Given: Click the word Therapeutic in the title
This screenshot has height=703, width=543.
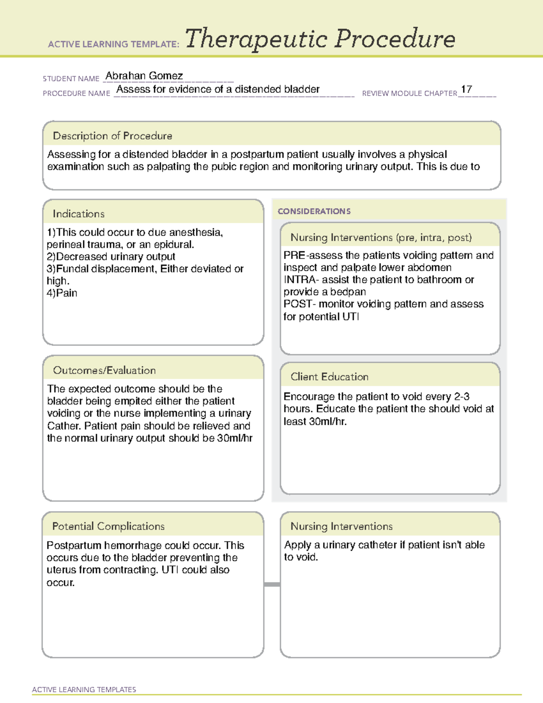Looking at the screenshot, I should pyautogui.click(x=256, y=39).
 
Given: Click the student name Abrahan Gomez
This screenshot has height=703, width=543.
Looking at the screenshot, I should pyautogui.click(x=144, y=76).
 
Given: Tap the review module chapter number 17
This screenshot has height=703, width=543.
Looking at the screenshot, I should pyautogui.click(x=467, y=89).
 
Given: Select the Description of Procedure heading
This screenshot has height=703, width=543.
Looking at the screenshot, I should pyautogui.click(x=112, y=136).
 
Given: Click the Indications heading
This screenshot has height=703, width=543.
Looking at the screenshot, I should pyautogui.click(x=78, y=214).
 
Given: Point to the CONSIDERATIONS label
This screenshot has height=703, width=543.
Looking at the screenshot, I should pyautogui.click(x=314, y=211).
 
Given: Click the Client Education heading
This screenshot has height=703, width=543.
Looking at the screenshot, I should pyautogui.click(x=329, y=377).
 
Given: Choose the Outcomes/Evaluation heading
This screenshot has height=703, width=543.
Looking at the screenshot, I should pyautogui.click(x=104, y=370).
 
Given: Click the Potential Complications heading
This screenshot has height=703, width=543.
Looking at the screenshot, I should pyautogui.click(x=108, y=526).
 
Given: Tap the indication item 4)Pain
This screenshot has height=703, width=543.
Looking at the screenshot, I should pyautogui.click(x=62, y=293).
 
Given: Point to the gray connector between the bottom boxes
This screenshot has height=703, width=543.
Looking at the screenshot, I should pyautogui.click(x=272, y=584).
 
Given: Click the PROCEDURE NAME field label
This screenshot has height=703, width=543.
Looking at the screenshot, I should pyautogui.click(x=76, y=93).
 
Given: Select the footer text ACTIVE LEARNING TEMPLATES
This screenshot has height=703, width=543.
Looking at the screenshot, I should pyautogui.click(x=84, y=689).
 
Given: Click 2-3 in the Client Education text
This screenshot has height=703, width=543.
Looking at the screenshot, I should pyautogui.click(x=462, y=397).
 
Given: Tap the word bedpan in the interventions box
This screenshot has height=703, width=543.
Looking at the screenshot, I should pyautogui.click(x=348, y=292).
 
